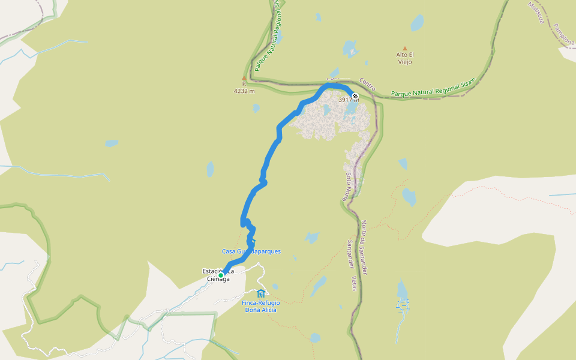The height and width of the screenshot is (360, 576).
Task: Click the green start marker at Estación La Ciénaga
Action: click(221, 275)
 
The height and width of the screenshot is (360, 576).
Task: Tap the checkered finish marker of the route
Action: click(355, 96)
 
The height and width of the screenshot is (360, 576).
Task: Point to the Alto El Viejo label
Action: click(405, 58)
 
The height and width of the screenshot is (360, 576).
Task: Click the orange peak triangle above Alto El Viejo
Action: click(405, 49)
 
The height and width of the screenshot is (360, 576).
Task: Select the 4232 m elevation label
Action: click(244, 91)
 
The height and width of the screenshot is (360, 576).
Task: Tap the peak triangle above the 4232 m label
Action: click(244, 78)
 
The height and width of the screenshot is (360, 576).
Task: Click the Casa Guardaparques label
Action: click(251, 251)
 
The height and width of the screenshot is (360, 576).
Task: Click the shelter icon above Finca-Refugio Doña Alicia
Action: click(260, 293)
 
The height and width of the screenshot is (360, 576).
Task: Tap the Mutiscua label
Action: click(536, 12)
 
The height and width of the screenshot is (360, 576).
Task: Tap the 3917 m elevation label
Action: click(349, 100)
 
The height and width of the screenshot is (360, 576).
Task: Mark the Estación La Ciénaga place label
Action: click(217, 275)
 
